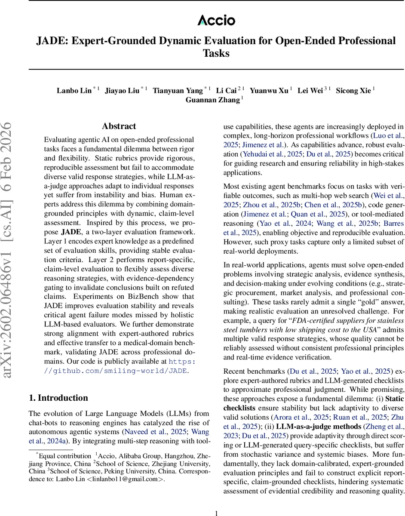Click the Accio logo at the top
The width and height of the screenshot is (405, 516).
[x=216, y=20]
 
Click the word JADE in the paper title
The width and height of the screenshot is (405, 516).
[x=51, y=41]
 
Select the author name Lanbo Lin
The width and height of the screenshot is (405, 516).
[x=74, y=91]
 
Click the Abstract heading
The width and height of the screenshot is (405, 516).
[x=119, y=126]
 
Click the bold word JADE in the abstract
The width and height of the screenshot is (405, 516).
[x=72, y=232]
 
